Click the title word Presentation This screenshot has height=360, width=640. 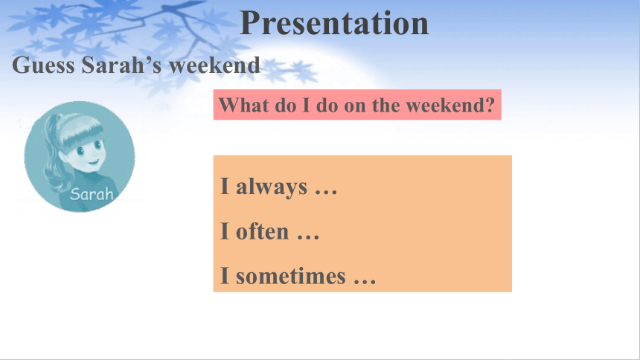pyautogui.click(x=334, y=23)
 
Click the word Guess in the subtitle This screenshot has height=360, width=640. pyautogui.click(x=43, y=65)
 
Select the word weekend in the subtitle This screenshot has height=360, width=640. pyautogui.click(x=214, y=65)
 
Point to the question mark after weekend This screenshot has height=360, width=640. pyautogui.click(x=490, y=105)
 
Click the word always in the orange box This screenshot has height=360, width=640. pyautogui.click(x=272, y=187)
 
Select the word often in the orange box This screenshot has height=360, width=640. pyautogui.click(x=263, y=231)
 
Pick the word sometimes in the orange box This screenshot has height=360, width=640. pyautogui.click(x=291, y=276)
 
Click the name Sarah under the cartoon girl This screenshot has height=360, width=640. pyautogui.click(x=92, y=194)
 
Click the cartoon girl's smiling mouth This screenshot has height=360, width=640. pyautogui.click(x=94, y=161)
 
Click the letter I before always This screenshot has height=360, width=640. pyautogui.click(x=225, y=186)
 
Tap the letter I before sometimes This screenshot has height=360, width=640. pyautogui.click(x=225, y=275)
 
